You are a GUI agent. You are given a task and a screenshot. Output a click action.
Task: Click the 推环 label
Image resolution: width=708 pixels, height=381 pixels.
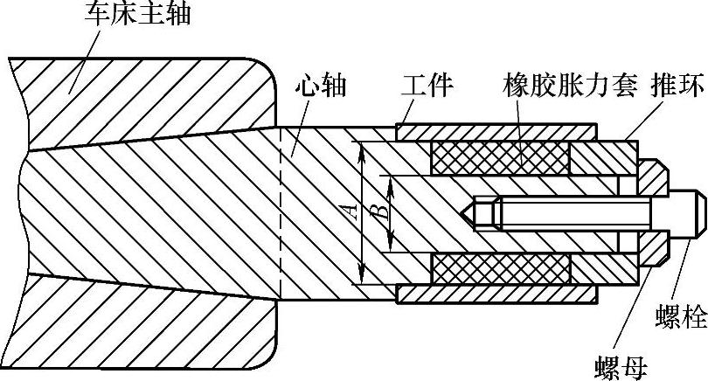pyautogui.click(x=672, y=87)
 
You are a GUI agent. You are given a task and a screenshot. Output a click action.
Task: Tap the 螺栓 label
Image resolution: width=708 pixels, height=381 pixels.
pyautogui.click(x=682, y=318)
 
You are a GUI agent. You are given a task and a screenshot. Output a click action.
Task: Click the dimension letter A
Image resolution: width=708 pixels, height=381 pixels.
pyautogui.click(x=351, y=211)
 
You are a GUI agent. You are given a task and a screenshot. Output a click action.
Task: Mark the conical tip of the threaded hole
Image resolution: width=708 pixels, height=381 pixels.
pyautogui.click(x=467, y=212)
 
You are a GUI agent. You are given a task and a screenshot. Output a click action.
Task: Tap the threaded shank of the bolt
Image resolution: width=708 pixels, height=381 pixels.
pyautogui.click(x=568, y=212)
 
